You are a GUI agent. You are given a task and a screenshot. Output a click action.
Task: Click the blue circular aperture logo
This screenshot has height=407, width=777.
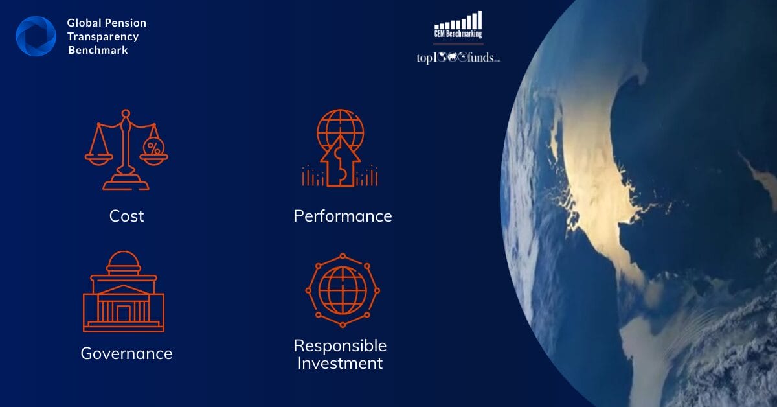[x=36, y=36]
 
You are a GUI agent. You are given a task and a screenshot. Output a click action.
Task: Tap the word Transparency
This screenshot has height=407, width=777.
[x=103, y=37]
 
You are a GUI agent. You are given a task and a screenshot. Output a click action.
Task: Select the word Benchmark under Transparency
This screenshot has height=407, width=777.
[x=98, y=50]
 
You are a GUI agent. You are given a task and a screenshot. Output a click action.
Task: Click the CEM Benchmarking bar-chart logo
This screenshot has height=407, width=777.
[x=458, y=25]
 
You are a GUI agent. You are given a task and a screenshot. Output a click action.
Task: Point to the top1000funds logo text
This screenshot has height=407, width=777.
[x=458, y=58]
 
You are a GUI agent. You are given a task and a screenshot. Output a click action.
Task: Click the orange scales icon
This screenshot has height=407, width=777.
[x=126, y=150]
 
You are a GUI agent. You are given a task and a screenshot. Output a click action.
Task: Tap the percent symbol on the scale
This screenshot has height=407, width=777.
[x=153, y=147]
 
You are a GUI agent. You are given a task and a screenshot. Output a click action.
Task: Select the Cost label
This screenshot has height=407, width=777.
[x=127, y=216]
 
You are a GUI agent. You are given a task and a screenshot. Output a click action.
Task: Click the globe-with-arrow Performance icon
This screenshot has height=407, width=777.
[x=340, y=148]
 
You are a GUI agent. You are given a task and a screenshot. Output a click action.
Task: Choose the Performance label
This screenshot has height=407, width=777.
[x=343, y=216]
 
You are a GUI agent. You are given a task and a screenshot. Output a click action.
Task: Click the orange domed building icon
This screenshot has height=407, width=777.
[x=124, y=292]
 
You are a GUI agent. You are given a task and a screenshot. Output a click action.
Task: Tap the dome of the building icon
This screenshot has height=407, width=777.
[x=124, y=261]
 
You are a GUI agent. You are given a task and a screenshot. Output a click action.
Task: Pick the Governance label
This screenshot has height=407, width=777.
[x=127, y=353]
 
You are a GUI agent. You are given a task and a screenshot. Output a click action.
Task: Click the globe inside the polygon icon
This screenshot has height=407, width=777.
[x=343, y=290]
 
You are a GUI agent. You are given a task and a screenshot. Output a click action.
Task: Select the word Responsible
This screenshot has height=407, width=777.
[x=341, y=346]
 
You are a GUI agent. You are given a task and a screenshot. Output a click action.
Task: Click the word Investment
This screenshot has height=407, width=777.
[x=341, y=363]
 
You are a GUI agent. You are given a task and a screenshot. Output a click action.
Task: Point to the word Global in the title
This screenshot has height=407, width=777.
[x=84, y=23]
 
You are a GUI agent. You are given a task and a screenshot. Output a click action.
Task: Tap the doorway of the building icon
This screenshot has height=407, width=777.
[x=124, y=314]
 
